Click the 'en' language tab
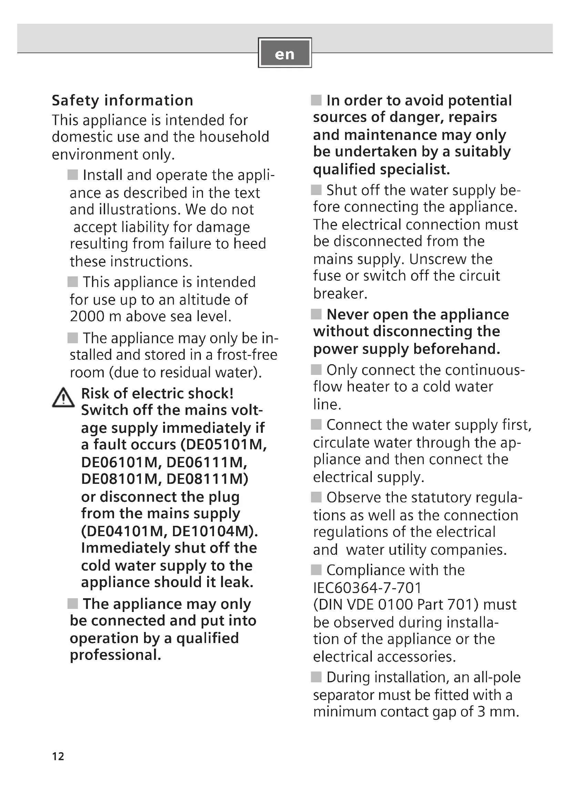pyautogui.click(x=285, y=53)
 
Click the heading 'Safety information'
pyautogui.click(x=122, y=100)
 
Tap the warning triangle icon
pyautogui.click(x=63, y=398)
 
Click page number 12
pyautogui.click(x=58, y=756)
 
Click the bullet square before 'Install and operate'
pyautogui.click(x=73, y=174)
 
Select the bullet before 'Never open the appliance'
pyautogui.click(x=316, y=314)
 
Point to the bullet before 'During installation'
pyautogui.click(x=316, y=677)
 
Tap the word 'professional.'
pyautogui.click(x=115, y=655)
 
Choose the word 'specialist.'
pyautogui.click(x=415, y=170)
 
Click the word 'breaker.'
pyautogui.click(x=340, y=294)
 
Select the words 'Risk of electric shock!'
pyautogui.click(x=157, y=394)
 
